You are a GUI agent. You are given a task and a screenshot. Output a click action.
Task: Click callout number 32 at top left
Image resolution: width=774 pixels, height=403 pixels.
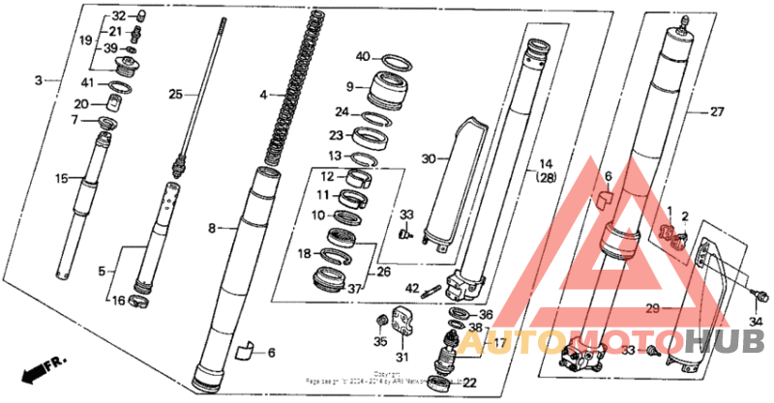(x=118, y=16)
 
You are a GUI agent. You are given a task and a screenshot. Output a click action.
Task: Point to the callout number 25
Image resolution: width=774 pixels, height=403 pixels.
(x=175, y=94)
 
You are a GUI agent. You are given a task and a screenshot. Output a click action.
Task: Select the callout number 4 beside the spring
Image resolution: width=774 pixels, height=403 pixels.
(x=262, y=95)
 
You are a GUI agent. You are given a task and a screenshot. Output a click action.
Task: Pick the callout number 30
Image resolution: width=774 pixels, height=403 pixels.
(x=430, y=158)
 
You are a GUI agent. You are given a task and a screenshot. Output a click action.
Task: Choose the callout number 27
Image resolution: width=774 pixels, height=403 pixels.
(x=716, y=112)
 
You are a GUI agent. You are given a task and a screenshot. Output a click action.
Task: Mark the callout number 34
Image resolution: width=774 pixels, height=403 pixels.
(x=757, y=322)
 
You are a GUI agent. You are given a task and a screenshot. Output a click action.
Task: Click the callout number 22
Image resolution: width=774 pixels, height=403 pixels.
(x=471, y=384)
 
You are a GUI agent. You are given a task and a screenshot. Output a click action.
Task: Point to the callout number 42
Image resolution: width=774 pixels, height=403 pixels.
(x=412, y=288)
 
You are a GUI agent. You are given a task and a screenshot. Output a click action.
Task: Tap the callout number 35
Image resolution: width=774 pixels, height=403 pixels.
(x=381, y=340)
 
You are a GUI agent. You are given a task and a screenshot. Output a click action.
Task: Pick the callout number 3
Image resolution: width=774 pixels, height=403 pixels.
(x=39, y=81)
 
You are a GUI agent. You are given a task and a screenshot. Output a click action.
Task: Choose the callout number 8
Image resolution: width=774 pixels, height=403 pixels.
(x=213, y=228)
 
